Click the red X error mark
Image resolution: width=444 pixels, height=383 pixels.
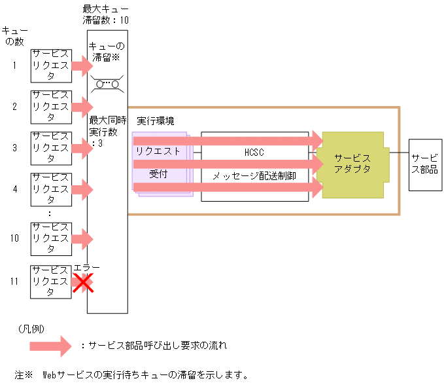coord(82,282)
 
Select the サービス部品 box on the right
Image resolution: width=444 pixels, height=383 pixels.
coord(424,164)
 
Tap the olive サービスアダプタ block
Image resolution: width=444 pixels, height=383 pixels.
coord(352,164)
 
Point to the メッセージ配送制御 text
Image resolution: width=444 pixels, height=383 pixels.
coord(254,176)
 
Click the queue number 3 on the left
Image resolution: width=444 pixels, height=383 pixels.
coord(14,148)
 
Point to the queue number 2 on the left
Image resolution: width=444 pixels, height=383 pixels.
coord(14,106)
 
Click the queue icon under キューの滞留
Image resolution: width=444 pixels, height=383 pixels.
coord(107,83)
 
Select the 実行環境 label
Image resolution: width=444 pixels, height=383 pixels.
coord(156,122)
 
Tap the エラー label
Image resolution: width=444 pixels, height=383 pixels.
coord(87,268)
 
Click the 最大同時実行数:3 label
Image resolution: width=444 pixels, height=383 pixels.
coord(107,132)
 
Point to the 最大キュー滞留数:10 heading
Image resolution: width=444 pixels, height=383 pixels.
coord(106,14)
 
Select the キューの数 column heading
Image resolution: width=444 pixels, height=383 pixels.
coord(14,37)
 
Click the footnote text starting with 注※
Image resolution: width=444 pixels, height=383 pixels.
coord(131,375)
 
